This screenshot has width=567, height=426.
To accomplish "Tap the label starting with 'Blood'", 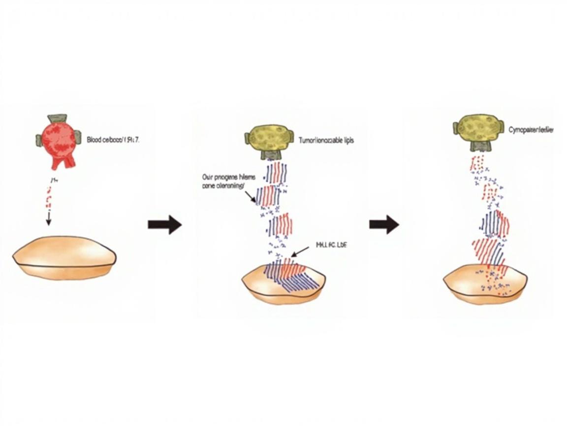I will [x=113, y=140].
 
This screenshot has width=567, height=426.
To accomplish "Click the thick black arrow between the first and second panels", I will [x=164, y=225].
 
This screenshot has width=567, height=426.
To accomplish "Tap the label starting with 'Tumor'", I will [x=326, y=141].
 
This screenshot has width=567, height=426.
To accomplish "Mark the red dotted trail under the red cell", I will [x=48, y=195].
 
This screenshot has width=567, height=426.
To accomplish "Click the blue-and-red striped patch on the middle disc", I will [x=290, y=276].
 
